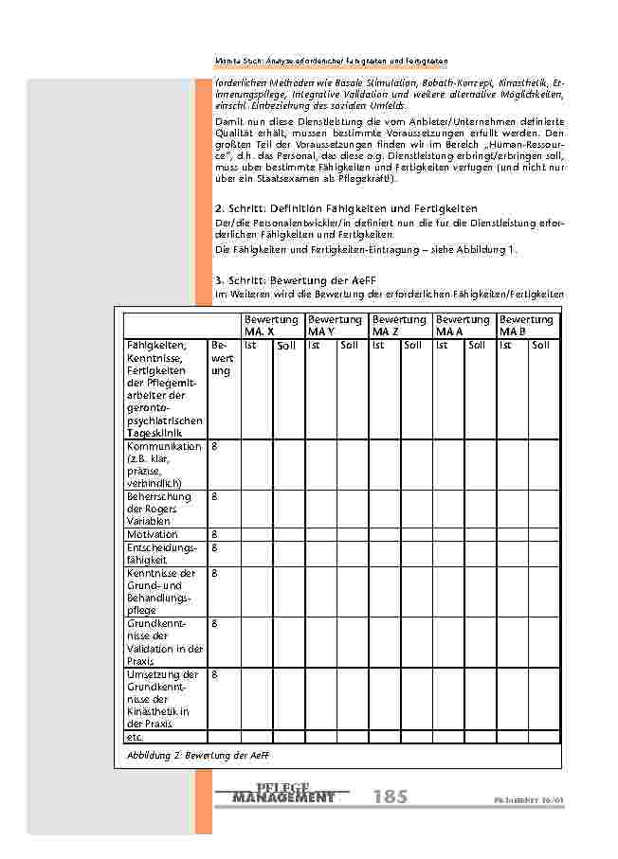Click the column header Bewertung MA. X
coord(272,326)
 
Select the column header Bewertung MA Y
coord(336,326)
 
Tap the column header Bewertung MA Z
coord(399,326)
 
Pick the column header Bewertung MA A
coord(463,326)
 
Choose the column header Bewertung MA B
coord(527,326)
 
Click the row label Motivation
coord(153,534)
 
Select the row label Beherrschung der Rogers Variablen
coord(159,509)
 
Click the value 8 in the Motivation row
coord(214,534)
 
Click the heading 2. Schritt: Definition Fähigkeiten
coord(347,207)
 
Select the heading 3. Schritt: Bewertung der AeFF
coord(303,280)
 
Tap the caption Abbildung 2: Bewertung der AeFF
coord(193,754)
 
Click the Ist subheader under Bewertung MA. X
coord(251,345)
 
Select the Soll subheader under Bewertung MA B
coord(540,345)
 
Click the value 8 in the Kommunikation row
coord(214,446)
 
